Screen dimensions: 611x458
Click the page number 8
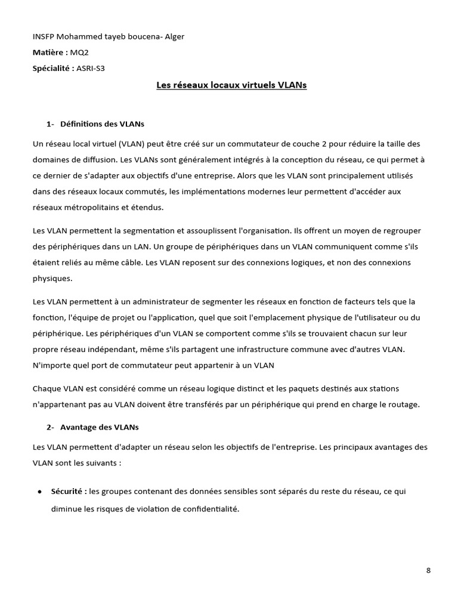[428, 570]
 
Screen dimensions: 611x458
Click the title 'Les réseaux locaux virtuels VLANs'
[231, 85]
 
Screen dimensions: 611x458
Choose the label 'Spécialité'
[53, 68]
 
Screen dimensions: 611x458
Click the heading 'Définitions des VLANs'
[102, 124]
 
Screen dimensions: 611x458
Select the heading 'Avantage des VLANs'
[100, 427]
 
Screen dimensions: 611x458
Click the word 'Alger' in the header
[174, 37]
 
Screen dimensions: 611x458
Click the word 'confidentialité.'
[205, 509]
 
